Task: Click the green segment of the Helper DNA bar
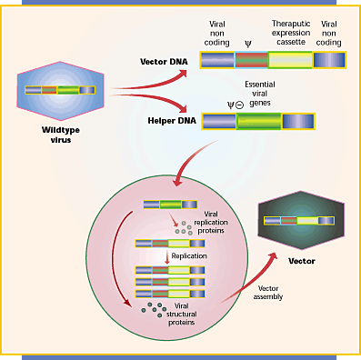259,121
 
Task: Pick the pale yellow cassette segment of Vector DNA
289,60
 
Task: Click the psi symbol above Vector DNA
249,43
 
